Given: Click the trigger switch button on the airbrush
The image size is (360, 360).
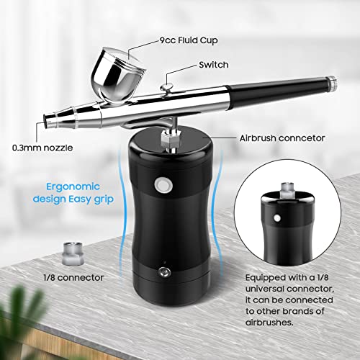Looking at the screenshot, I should tap(166, 89).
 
